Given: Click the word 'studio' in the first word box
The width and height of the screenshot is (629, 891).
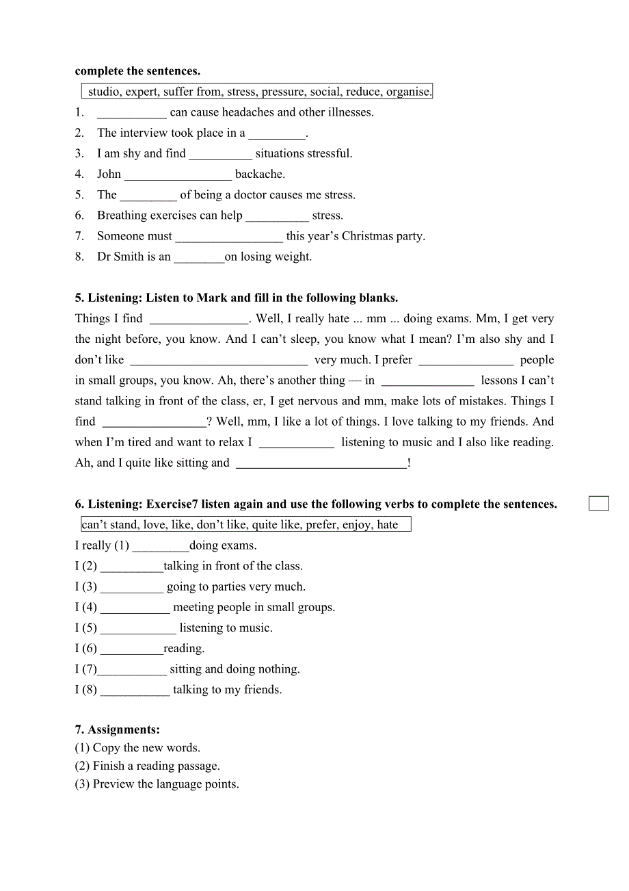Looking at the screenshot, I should [104, 92].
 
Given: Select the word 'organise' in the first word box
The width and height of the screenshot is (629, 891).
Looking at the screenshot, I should [408, 92].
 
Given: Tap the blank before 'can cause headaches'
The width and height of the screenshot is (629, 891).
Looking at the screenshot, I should [132, 113].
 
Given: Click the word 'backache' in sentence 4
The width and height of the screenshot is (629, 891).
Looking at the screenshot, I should [260, 175].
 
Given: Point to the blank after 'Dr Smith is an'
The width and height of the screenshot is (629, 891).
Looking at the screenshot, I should [199, 257].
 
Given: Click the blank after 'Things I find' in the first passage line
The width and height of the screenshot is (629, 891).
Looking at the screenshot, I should [199, 319].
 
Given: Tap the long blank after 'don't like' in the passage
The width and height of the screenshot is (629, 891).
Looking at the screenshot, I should [219, 360].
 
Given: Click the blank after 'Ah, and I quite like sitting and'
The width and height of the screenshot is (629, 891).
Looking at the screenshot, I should [321, 463].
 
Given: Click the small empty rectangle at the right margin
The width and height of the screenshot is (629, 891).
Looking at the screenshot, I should [598, 504].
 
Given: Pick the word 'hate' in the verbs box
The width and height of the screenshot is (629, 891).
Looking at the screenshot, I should [387, 525].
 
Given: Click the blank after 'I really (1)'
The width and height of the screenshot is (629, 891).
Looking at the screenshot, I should [160, 546].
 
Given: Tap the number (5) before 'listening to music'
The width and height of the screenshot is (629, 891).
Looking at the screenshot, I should [89, 628].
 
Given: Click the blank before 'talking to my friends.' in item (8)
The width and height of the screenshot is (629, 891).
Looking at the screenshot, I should [135, 690].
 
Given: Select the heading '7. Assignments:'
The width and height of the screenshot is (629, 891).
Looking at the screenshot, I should [117, 730].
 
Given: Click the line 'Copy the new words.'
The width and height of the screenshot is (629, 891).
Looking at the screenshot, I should [146, 748].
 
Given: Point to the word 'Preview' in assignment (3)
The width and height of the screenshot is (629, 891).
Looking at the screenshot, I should [112, 784].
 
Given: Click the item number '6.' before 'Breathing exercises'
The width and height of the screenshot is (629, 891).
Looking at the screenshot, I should [80, 216].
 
